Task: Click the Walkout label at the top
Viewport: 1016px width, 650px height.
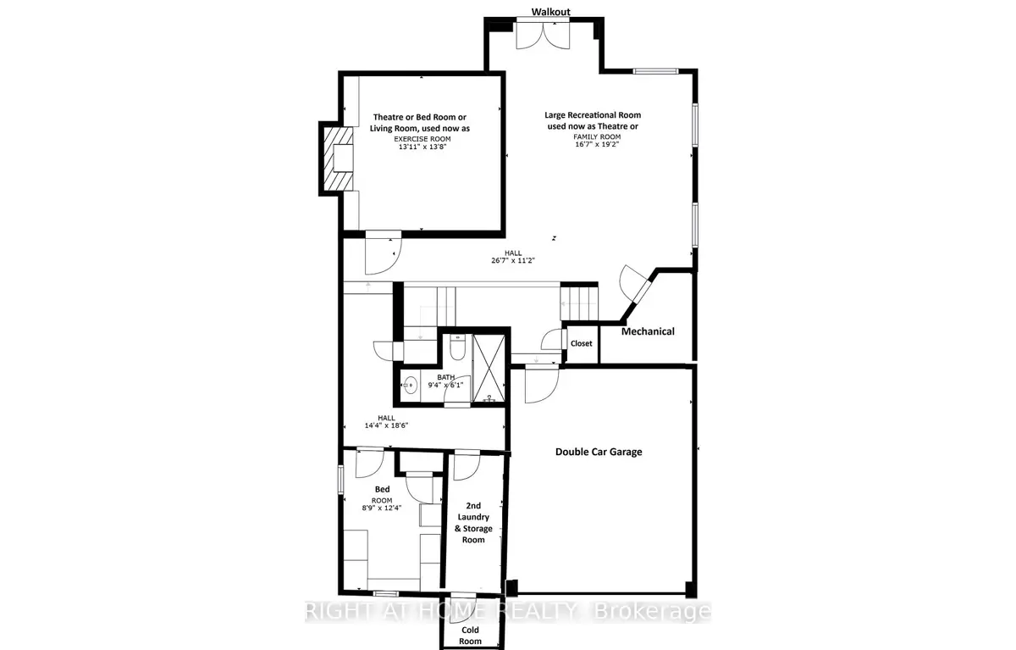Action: pos(550,12)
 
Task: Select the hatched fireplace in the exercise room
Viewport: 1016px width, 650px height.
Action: pos(338,158)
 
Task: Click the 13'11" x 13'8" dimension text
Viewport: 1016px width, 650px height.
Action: pos(422,147)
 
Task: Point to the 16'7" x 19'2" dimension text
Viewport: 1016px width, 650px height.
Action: pos(597,144)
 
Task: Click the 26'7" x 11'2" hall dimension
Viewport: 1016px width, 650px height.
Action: pos(513,260)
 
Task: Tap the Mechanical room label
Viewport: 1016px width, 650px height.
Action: pos(648,331)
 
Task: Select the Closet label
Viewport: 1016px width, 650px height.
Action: pos(581,343)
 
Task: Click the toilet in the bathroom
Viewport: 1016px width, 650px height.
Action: pos(457,347)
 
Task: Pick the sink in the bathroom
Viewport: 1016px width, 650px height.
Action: pos(411,386)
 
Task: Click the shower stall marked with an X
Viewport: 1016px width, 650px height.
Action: pos(489,368)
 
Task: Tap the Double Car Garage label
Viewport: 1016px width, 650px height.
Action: pos(599,452)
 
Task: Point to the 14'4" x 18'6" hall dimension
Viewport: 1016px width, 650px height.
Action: pos(386,425)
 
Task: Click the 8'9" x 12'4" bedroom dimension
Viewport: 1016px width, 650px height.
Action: pos(382,508)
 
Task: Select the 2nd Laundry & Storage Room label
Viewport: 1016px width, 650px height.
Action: pos(473,522)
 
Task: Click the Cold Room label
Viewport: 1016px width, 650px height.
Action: pos(470,636)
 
